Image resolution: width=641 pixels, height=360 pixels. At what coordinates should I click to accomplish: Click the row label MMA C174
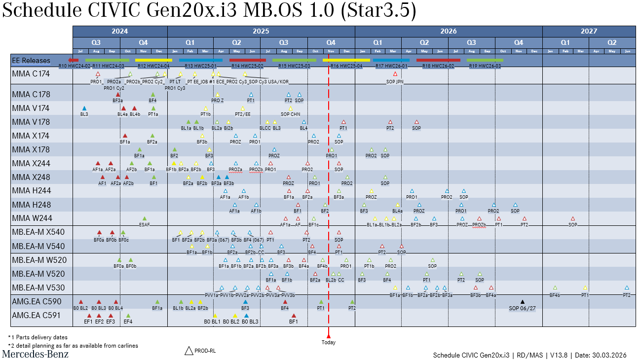pos(31,73)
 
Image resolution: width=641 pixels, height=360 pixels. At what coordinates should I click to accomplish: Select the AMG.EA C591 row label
pos(36,315)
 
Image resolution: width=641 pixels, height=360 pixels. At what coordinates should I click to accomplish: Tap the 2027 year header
pos(589,31)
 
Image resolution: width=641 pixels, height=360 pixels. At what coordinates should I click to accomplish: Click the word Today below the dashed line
pos(328,342)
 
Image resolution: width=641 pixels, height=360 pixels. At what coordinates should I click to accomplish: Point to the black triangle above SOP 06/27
pos(523,302)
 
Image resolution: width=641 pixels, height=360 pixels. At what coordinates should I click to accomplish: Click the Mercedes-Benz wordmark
pos(36,354)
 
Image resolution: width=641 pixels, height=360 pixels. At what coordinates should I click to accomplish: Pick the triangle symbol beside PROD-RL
pos(189,351)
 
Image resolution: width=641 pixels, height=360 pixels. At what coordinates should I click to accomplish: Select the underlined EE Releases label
pos(31,61)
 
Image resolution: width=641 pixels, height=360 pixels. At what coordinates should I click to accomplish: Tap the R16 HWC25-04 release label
pos(346,66)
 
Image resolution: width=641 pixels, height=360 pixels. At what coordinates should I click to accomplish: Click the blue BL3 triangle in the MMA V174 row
pos(84,108)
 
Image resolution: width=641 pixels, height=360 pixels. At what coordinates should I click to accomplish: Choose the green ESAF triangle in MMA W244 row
pos(145,218)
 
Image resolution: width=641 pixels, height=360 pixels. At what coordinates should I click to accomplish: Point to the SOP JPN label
pos(395,82)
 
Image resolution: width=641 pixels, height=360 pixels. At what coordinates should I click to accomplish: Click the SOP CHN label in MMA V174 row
pos(290,114)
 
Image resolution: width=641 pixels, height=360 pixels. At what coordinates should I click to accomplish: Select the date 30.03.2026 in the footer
pos(611,355)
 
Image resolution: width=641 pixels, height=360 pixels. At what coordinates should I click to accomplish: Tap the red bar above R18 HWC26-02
pos(438,60)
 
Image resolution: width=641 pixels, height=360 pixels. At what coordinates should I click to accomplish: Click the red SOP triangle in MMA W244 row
pos(572,218)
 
